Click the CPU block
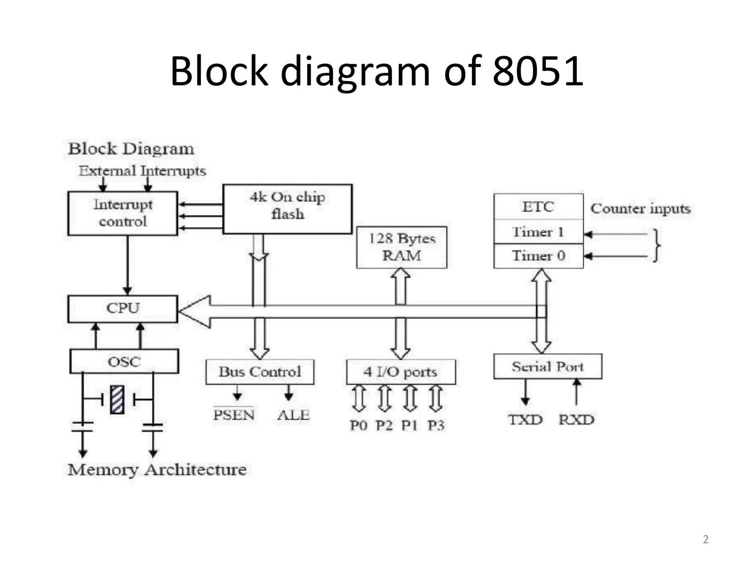click(123, 309)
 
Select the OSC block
click(124, 361)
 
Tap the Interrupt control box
click(123, 213)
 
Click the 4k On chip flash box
click(287, 209)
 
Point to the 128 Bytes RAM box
click(402, 247)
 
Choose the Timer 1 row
click(538, 232)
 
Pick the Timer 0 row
click(538, 256)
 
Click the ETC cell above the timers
click(538, 207)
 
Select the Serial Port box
click(547, 366)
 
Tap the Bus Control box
click(260, 372)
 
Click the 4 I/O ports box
click(401, 372)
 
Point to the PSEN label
click(234, 415)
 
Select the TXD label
click(525, 420)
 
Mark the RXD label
click(576, 420)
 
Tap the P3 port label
click(436, 426)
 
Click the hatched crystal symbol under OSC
click(117, 399)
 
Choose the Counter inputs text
click(641, 209)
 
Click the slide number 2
click(705, 539)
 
